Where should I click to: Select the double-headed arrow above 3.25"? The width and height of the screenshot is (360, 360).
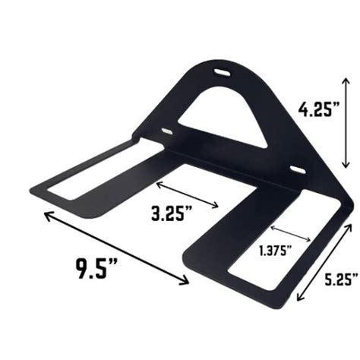[x=189, y=194]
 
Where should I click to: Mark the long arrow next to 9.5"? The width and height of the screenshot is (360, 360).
[x=115, y=249]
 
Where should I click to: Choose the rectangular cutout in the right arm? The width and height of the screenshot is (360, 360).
[x=262, y=243]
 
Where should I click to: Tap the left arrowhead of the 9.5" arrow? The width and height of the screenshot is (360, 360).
[x=46, y=215]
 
